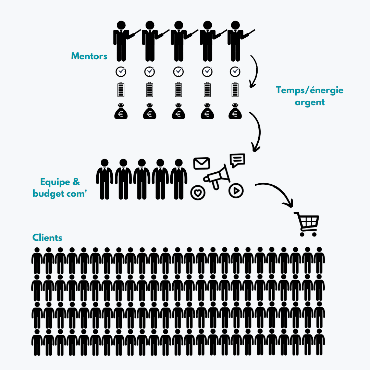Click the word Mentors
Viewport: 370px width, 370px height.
[x=89, y=56]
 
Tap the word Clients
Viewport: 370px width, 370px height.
[x=47, y=238]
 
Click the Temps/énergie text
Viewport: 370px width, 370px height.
[x=310, y=90]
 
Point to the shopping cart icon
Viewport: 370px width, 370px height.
[x=307, y=224]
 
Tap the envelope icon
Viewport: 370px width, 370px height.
[x=201, y=163]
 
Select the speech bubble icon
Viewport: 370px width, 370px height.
[x=237, y=160]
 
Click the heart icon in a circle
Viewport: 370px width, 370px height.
[x=198, y=193]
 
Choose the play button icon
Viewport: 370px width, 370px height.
[x=236, y=190]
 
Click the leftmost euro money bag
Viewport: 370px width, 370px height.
[x=121, y=111]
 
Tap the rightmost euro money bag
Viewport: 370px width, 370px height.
[x=235, y=111]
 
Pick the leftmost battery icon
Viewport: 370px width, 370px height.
[x=121, y=89]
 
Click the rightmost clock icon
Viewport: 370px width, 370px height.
[x=235, y=72]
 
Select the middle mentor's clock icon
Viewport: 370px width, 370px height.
[x=178, y=72]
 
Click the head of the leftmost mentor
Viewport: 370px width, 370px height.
[x=121, y=25]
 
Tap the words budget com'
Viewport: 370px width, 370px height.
[x=60, y=194]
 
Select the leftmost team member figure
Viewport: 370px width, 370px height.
[x=104, y=179]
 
